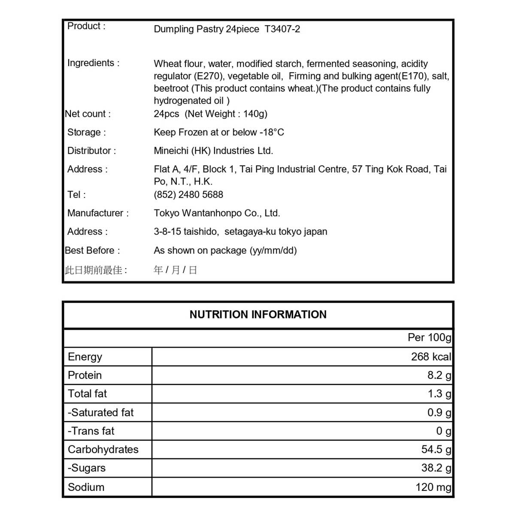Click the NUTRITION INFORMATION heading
click(x=258, y=315)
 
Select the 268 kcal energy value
click(x=431, y=357)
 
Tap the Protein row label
click(x=85, y=375)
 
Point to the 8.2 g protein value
click(x=439, y=375)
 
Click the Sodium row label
click(x=86, y=487)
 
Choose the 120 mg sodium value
click(x=433, y=487)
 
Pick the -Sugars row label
click(x=87, y=468)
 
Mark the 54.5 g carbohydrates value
click(x=436, y=449)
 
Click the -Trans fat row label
click(x=91, y=431)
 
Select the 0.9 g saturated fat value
click(x=439, y=412)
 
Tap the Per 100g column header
click(x=429, y=337)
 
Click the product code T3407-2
click(x=282, y=29)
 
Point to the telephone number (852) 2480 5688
click(x=188, y=194)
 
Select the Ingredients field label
click(x=93, y=63)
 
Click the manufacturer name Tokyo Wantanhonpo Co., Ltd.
click(x=217, y=213)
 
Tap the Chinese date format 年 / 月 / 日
click(x=175, y=270)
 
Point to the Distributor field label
click(x=91, y=151)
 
